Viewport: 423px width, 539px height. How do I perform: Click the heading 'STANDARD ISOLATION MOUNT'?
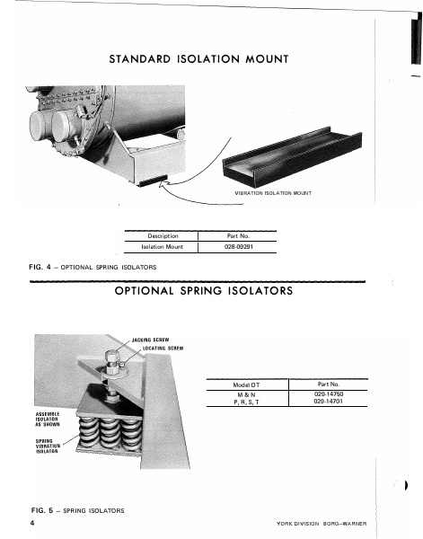(198, 60)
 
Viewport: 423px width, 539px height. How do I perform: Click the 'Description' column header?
(162, 235)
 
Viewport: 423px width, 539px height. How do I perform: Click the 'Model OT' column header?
(246, 384)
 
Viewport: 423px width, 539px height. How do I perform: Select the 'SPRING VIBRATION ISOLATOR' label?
(48, 446)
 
